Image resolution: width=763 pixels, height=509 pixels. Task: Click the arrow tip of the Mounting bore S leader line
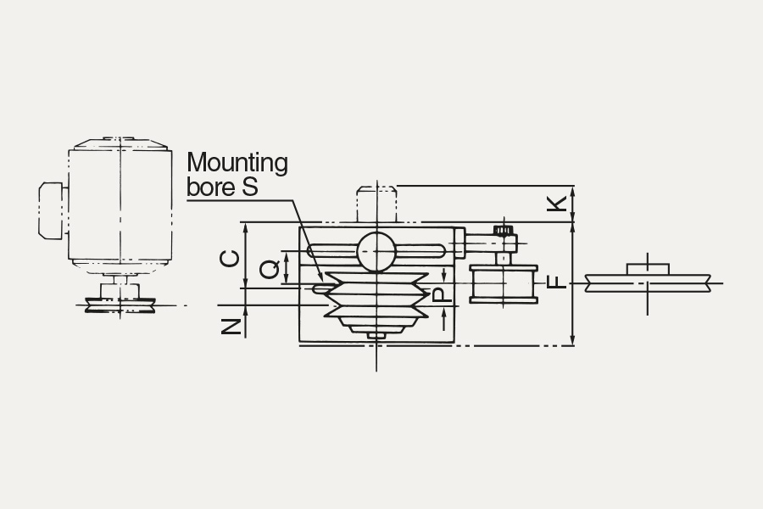(321, 281)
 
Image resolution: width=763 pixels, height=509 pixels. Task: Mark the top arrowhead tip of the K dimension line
(573, 186)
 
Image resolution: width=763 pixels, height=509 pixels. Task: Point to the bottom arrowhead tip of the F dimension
(573, 345)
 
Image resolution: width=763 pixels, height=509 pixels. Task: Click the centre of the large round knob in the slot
(376, 251)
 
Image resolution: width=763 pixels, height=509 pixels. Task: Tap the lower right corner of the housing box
(454, 342)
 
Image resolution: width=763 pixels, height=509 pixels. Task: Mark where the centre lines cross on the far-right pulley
(647, 283)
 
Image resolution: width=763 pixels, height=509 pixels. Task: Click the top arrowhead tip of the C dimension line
(245, 224)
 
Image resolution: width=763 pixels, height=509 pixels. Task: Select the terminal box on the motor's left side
(51, 210)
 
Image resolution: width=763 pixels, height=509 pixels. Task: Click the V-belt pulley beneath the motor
(120, 305)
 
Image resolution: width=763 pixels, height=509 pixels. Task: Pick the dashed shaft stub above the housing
(376, 204)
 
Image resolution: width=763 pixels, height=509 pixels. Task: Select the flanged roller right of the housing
(504, 284)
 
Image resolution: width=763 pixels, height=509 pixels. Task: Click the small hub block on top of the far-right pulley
(648, 269)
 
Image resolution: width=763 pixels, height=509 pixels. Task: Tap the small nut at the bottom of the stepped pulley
(376, 336)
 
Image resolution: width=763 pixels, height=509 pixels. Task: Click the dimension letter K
(558, 204)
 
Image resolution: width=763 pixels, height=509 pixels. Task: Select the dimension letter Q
(269, 269)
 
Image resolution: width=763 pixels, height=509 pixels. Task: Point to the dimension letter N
(231, 327)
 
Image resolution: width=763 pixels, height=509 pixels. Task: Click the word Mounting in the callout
(237, 163)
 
